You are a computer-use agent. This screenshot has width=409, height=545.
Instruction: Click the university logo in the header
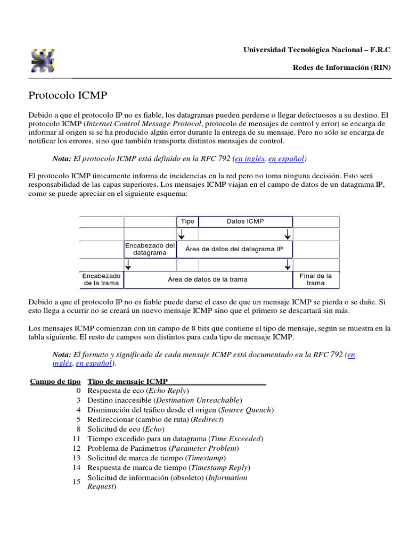(43, 61)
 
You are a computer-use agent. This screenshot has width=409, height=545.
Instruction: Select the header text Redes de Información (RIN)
(342, 68)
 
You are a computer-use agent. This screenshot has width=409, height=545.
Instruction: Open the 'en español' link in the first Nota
(287, 159)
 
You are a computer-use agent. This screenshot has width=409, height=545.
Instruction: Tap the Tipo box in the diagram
(187, 221)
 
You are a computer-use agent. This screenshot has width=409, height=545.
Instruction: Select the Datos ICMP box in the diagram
(245, 221)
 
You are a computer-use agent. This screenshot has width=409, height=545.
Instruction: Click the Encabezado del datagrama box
(150, 249)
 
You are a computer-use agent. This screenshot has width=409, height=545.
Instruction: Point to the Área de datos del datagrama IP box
(234, 249)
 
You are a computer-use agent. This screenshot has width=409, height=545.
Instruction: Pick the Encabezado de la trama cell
(101, 279)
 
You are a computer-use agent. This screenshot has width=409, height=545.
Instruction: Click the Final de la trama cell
(316, 279)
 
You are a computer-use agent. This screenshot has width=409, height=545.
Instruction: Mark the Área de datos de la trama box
(208, 279)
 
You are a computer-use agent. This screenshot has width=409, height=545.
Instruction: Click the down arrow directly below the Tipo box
(182, 234)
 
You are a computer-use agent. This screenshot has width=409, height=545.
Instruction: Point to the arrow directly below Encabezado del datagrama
(128, 265)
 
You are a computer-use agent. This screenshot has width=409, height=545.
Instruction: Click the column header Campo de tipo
(55, 381)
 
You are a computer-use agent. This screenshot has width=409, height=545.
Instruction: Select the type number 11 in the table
(76, 439)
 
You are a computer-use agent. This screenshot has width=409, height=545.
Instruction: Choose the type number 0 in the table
(78, 391)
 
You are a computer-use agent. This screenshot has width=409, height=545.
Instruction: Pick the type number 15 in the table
(76, 482)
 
